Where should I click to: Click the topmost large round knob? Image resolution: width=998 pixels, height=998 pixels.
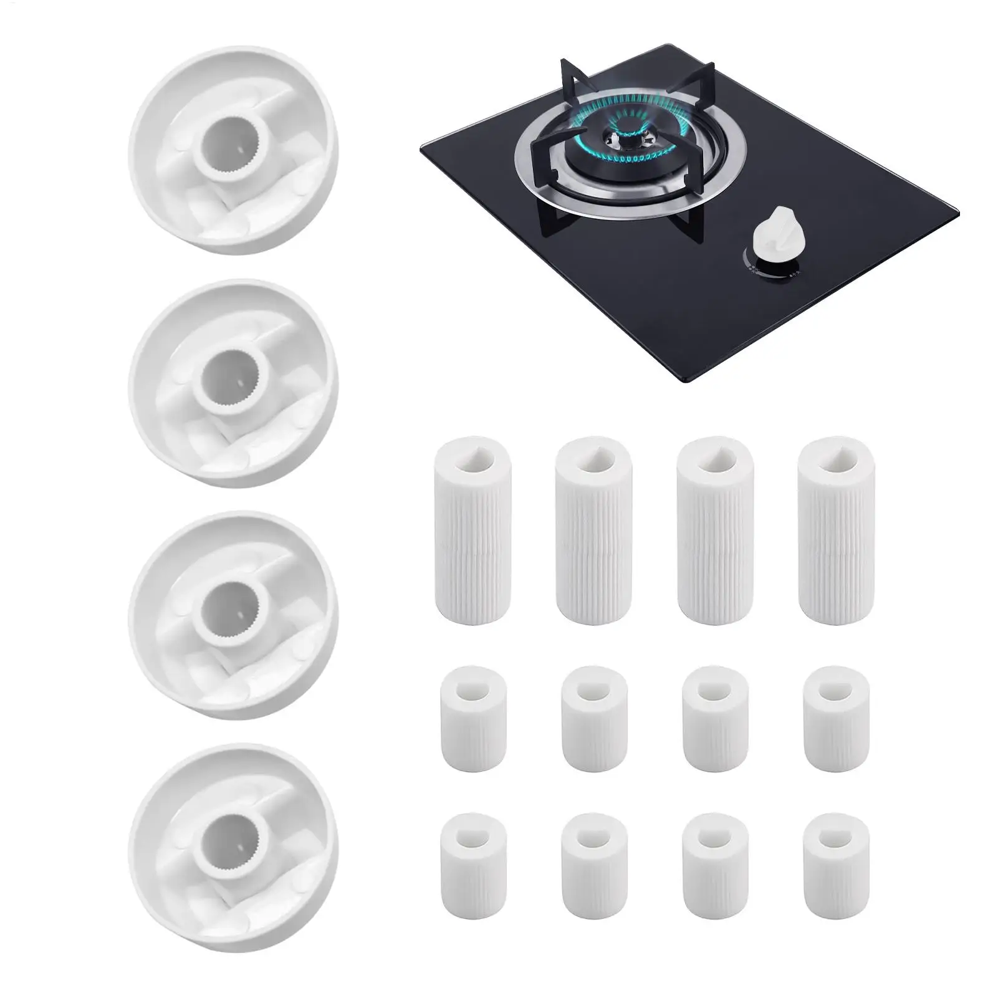click(233, 150)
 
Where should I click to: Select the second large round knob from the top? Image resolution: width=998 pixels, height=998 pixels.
click(233, 383)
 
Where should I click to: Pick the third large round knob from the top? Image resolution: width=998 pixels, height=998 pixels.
click(233, 615)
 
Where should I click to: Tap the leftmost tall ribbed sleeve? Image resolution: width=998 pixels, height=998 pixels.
click(471, 530)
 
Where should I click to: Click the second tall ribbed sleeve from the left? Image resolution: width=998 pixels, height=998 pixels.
click(594, 530)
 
